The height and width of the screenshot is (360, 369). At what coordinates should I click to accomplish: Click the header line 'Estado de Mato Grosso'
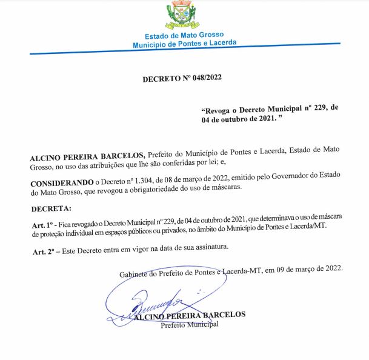pos(184,36)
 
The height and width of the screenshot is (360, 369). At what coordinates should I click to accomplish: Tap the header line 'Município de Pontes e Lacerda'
pos(184,44)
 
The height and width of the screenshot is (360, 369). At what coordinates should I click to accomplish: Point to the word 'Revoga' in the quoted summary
pos(220,108)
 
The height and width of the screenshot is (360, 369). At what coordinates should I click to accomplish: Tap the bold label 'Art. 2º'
pos(42,250)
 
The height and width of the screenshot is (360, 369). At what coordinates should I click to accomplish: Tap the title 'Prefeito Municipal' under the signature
pos(190,324)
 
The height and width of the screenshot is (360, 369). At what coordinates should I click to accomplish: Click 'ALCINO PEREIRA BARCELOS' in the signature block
pos(189,315)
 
